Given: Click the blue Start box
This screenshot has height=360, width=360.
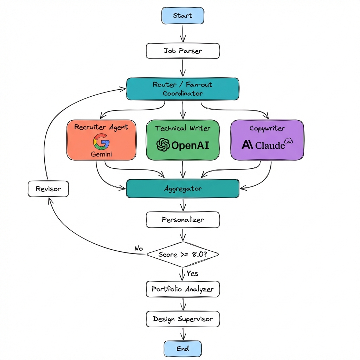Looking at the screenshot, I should (x=182, y=16).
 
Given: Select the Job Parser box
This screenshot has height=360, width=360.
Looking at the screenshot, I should (x=182, y=51).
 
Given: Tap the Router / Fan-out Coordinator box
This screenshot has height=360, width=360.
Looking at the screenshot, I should (x=182, y=89).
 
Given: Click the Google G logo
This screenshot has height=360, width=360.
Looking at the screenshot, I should (x=101, y=142).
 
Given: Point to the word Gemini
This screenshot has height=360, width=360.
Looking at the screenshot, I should (x=101, y=154).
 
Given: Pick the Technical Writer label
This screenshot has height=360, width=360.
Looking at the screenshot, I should (x=182, y=128).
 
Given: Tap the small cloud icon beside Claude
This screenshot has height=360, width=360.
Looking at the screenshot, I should (x=289, y=141).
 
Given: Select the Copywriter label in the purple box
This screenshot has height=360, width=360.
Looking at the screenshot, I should (x=267, y=128).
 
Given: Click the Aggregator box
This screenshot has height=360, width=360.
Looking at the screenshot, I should (x=182, y=188).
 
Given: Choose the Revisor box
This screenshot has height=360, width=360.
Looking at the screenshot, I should (x=48, y=189).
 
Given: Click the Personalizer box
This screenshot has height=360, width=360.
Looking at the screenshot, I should (x=182, y=220).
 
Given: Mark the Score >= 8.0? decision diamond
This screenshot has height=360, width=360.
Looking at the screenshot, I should (x=182, y=254).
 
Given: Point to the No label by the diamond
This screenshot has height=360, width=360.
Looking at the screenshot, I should (x=139, y=249).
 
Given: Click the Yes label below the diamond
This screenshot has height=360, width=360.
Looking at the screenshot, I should (x=192, y=273).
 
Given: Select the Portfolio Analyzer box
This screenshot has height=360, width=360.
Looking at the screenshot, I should (x=182, y=289).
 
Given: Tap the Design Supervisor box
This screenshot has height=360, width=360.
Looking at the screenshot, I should (x=182, y=319).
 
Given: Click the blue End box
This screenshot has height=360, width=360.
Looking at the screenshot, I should (x=182, y=348).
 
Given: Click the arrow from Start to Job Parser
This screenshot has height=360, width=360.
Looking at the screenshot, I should (x=182, y=34).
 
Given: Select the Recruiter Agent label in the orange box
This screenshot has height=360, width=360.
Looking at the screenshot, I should (x=101, y=127).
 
